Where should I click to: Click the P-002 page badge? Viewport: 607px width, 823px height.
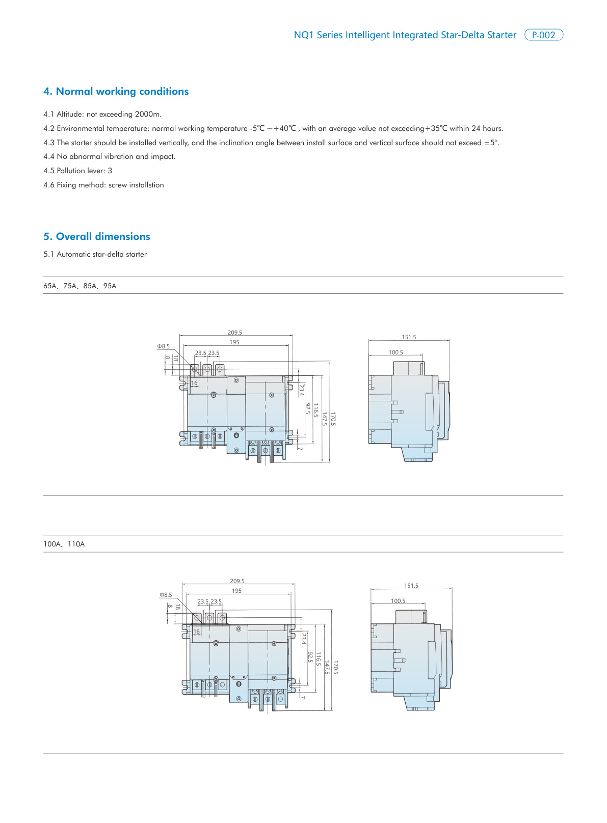point(543,35)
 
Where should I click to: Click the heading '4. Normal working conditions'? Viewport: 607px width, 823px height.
point(116,92)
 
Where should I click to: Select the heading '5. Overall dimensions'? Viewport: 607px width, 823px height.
point(97,237)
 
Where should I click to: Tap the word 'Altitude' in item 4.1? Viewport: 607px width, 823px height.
point(69,115)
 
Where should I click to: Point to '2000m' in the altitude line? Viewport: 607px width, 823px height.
point(148,115)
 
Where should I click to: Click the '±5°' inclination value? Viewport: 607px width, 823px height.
point(491,143)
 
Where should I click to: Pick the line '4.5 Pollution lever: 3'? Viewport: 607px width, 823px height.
point(78,171)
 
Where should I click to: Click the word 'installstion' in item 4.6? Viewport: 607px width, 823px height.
point(146,185)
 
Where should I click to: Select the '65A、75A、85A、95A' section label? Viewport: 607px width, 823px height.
point(80,286)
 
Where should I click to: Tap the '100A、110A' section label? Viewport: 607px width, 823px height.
point(64,544)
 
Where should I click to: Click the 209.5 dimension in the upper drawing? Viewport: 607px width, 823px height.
point(235,333)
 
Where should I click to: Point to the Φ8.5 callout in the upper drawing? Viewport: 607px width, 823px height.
point(164,346)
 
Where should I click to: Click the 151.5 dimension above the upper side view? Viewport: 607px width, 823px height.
point(409,337)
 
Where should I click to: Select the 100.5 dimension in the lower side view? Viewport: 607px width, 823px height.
point(398,601)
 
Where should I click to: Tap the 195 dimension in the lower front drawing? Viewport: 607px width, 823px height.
point(237,591)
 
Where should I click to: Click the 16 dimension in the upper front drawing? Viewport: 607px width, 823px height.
point(194,383)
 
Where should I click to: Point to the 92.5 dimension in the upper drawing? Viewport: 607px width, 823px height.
point(308,408)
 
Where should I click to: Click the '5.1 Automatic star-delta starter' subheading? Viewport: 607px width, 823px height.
point(95,255)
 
